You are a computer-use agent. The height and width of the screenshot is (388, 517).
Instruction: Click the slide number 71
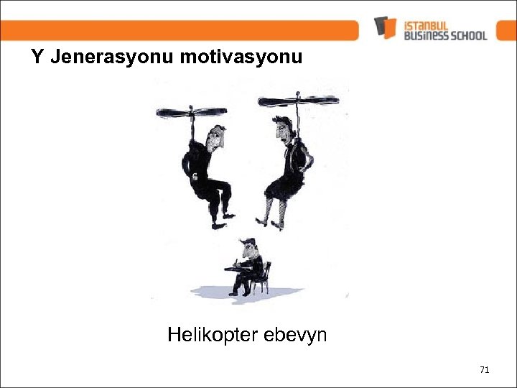[x=484, y=370]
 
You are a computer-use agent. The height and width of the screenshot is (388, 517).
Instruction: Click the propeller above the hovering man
[x=191, y=111]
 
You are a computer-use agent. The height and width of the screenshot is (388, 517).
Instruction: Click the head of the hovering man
[x=215, y=137]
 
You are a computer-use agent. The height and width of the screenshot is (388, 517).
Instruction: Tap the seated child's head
[x=248, y=249]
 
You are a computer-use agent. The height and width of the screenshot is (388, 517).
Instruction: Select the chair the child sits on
[x=264, y=277]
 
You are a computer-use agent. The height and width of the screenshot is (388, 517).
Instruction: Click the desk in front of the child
[x=234, y=269]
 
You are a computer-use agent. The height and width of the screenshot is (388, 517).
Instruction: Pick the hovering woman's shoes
[x=269, y=223]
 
